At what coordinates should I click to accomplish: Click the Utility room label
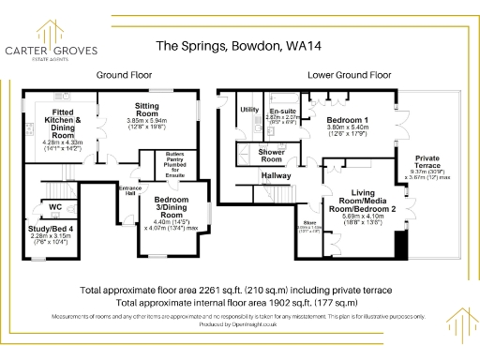(248, 110)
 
